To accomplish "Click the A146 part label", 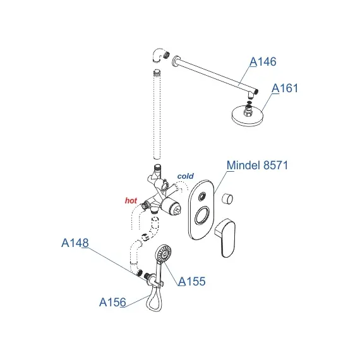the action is pos(263,61).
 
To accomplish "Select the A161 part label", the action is pos(285,88).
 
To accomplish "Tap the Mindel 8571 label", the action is pos(257,165).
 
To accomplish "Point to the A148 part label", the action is pos(75,243).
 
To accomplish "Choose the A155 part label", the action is pos(192,281).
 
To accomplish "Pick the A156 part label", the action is pos(112,302).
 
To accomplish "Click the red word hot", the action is pos(131,200).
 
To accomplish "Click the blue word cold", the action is pos(186,176).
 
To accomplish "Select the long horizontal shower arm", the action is pos(215,74).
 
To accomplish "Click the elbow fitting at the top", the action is pos(160,55).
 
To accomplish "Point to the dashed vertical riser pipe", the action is pos(157,114).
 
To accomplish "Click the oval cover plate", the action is pos(201,210).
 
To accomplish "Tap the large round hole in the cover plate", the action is pos(202,215).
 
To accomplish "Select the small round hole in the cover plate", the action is pos(202,196).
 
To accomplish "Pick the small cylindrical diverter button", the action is pos(227,198).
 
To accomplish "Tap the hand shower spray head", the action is pos(164,253).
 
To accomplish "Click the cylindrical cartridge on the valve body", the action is pos(172,208).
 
